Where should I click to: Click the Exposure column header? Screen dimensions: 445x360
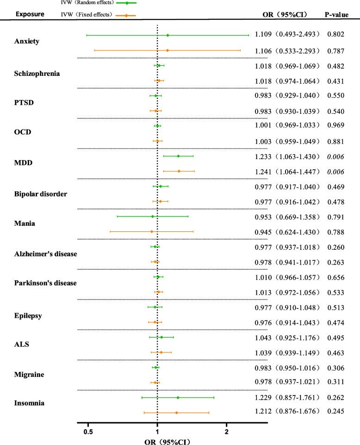pos(31,14)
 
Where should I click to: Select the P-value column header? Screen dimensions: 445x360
pos(336,14)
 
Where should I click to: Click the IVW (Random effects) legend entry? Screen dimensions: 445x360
pos(88,3)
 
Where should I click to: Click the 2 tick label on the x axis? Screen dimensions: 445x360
pos(226,432)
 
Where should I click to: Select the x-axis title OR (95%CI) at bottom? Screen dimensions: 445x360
pos(157,441)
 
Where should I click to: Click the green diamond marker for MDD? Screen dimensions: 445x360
pos(178,156)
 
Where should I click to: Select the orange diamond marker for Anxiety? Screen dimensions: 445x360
pos(167,50)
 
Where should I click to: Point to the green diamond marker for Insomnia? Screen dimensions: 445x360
pos(178,397)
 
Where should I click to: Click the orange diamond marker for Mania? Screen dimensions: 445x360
pos(152,231)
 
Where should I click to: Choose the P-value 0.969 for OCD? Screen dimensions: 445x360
pos(335,126)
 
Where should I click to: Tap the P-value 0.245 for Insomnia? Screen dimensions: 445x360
pos(335,413)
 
